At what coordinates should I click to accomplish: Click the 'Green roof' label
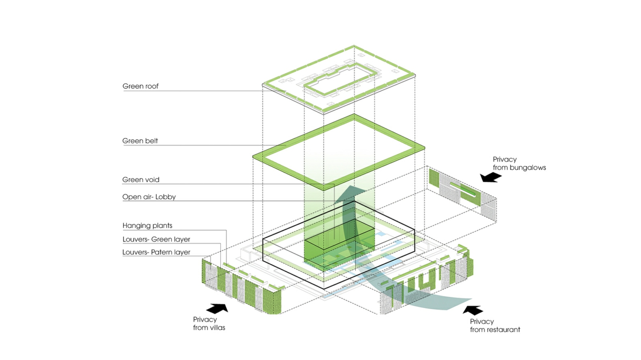point(140,86)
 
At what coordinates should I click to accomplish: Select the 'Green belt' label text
point(140,141)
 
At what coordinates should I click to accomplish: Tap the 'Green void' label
point(141,180)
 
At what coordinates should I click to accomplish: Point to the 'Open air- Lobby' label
point(149,197)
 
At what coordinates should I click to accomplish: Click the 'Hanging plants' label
point(147,226)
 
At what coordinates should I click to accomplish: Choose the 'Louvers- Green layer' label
point(156,239)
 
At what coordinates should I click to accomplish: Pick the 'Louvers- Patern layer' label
point(156,252)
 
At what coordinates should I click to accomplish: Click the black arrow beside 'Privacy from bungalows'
point(491,178)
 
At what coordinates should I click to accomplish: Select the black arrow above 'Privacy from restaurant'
point(473,310)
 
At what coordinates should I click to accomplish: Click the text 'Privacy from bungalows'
point(519,164)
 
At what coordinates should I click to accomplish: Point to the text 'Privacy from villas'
point(209,324)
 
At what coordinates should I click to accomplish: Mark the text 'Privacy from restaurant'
point(495,326)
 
